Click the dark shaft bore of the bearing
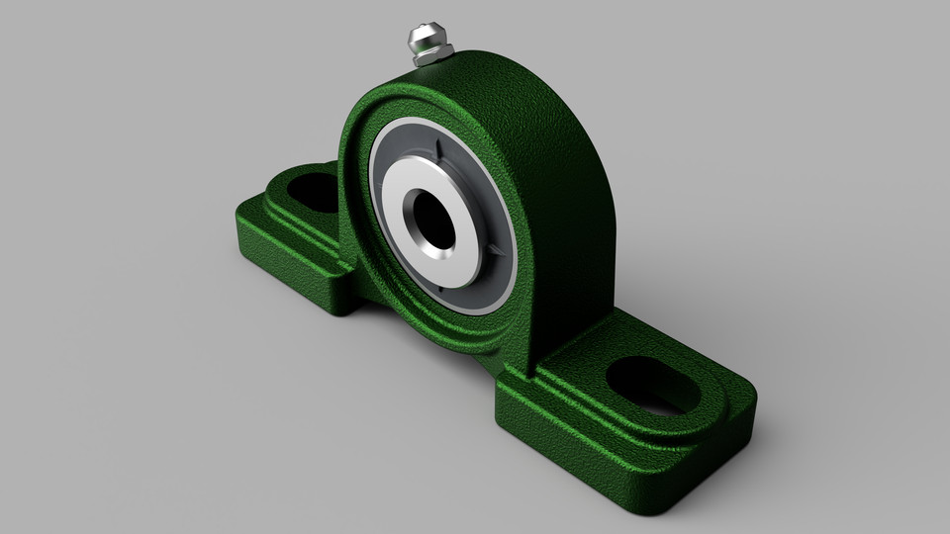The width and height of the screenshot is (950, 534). [x=433, y=221]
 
